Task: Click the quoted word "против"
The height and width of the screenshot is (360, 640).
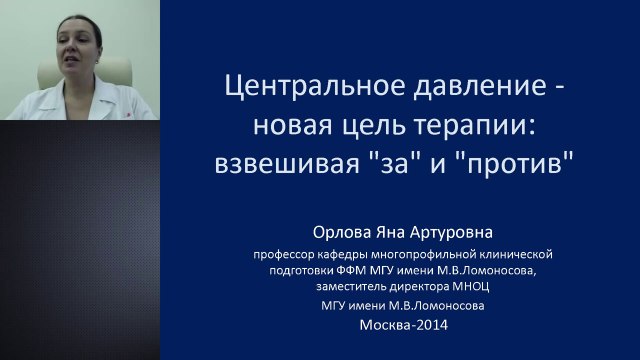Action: (519, 162)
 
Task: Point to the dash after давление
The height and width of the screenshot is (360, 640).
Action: (559, 90)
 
